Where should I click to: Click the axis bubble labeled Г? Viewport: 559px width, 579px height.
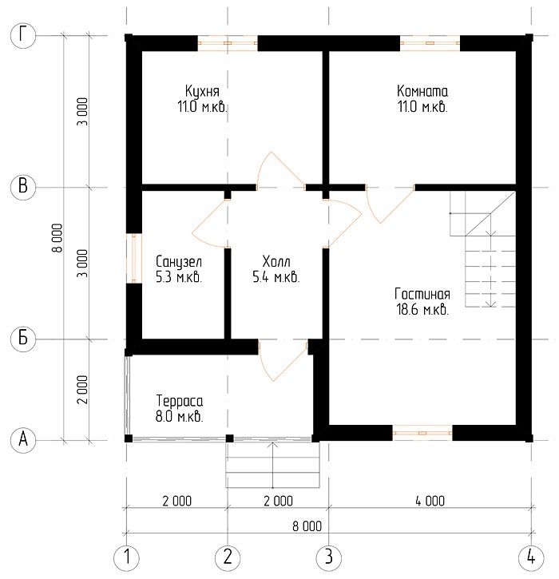tap(23, 36)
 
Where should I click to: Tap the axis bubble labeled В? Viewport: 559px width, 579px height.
tap(23, 186)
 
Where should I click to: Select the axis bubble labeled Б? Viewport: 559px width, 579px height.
tap(23, 339)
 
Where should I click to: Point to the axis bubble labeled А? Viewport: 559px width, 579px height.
tap(23, 440)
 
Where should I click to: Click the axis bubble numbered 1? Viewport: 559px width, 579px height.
tap(127, 557)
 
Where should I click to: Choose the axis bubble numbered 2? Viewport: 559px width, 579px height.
tap(228, 557)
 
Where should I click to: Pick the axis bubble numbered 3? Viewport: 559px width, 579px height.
tap(328, 557)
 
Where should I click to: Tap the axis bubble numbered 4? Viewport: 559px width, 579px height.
tap(531, 557)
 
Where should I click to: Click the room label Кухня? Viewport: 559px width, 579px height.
tap(202, 91)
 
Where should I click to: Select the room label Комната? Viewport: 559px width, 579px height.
tap(422, 91)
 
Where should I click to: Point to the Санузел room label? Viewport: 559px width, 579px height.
tap(179, 262)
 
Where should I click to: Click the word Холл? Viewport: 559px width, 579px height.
tap(276, 261)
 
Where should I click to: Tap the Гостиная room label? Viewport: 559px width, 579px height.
tap(422, 295)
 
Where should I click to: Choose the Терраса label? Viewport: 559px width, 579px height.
tap(180, 401)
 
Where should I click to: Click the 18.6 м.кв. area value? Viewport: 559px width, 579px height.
tap(422, 309)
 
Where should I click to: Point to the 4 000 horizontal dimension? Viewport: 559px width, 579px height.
tap(430, 501)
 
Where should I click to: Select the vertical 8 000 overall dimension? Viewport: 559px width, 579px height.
tap(57, 238)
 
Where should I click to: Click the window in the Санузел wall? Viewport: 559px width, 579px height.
tap(134, 258)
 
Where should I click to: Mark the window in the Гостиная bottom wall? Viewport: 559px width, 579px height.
tap(422, 433)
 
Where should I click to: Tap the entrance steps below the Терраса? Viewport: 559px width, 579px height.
tap(273, 465)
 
